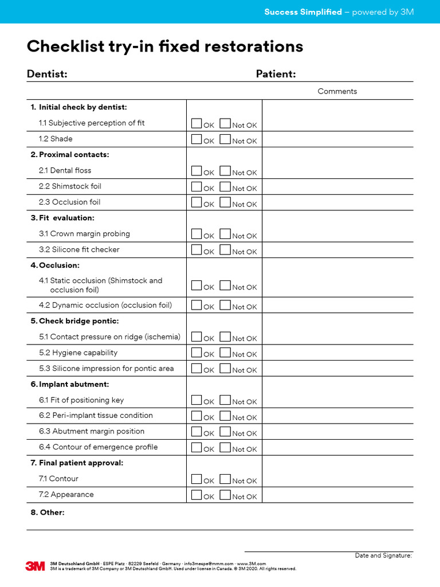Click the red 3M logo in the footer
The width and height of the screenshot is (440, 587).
35,566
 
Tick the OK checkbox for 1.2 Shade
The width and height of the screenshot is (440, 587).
197,139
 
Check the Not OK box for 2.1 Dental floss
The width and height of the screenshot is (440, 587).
225,170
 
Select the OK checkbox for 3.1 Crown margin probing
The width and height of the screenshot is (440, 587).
197,233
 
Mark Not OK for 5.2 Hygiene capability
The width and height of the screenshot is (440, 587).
225,352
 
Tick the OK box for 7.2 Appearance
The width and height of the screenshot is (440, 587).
197,494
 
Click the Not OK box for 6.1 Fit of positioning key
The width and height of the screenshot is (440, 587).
225,400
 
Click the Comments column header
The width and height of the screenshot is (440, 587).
337,91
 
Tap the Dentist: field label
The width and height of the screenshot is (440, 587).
47,74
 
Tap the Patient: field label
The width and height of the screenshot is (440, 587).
276,74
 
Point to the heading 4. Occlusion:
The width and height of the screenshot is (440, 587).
55,265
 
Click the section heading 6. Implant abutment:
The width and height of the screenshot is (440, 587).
69,384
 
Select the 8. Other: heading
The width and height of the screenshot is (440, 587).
48,512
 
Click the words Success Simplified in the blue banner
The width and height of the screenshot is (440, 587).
302,12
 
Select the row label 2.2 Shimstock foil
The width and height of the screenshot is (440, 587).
70,186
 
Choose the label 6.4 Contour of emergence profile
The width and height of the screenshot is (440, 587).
98,447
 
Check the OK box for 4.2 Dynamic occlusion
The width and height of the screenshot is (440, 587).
197,304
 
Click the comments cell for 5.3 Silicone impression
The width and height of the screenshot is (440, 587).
337,368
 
